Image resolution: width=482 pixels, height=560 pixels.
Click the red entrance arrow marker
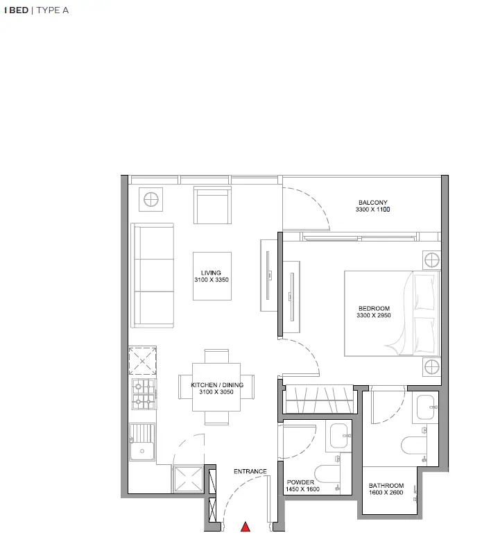245,527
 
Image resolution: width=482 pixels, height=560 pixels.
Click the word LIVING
211,273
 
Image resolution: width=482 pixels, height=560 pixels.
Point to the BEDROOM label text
374,309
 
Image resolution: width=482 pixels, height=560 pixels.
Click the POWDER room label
300,482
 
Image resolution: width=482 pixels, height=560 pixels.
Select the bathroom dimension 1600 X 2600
386,493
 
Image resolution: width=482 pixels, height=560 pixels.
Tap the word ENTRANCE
250,472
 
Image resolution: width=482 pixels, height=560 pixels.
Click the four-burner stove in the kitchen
144,393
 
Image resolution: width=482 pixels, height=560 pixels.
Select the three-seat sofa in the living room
153,275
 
